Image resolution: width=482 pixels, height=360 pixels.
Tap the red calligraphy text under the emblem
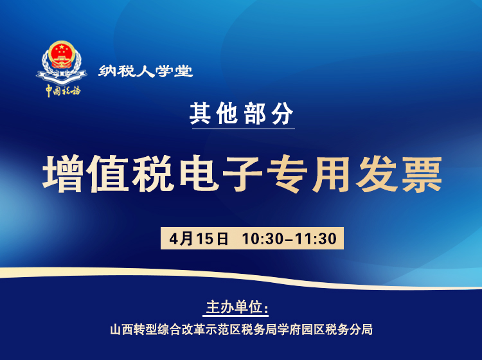[x=63, y=90]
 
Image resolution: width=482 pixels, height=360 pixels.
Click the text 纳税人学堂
[x=146, y=71]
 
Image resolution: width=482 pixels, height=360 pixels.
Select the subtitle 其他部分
[x=242, y=114]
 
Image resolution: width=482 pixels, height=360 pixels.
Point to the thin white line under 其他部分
[x=242, y=129]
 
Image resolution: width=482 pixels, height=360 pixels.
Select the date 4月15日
[x=199, y=239]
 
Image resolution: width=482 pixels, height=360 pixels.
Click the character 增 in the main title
[x=64, y=174]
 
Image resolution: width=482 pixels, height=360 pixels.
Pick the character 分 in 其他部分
[x=283, y=114]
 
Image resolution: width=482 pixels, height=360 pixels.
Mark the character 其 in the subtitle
[x=201, y=114]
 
